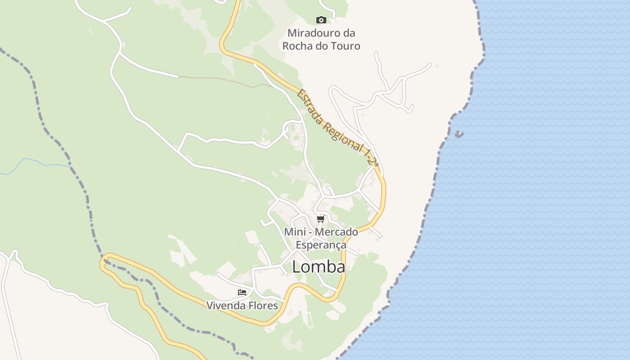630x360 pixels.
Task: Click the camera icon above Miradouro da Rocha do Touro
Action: point(321,20)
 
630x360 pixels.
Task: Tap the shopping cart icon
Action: point(320,219)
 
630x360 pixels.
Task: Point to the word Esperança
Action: point(321,245)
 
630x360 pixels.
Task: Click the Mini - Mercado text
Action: point(321,232)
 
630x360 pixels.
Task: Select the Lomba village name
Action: point(319,267)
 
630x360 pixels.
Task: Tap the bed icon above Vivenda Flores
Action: point(242,292)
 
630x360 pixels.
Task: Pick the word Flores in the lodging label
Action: point(261,306)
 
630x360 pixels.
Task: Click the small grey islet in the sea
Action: point(459,134)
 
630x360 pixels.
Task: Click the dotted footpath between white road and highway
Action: point(220,80)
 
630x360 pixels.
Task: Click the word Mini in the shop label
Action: point(294,232)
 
